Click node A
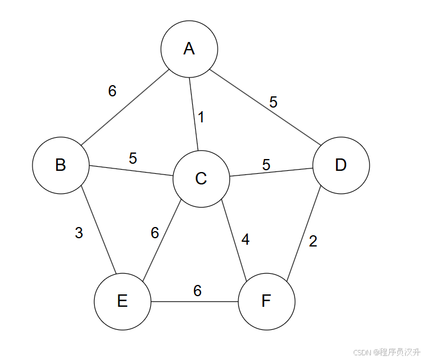(189, 48)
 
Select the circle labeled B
(60, 165)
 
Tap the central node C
(201, 179)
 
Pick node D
(341, 165)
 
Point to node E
(122, 301)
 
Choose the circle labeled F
(267, 301)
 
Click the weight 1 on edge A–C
(201, 117)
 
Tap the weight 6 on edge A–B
(112, 91)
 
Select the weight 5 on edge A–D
(273, 102)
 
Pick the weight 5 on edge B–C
(133, 158)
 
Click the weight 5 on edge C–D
(266, 165)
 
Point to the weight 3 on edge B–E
(79, 233)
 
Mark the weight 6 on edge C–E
(155, 233)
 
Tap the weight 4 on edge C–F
(245, 240)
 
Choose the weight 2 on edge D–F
(313, 241)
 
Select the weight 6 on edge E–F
(198, 291)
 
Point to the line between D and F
(304, 234)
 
